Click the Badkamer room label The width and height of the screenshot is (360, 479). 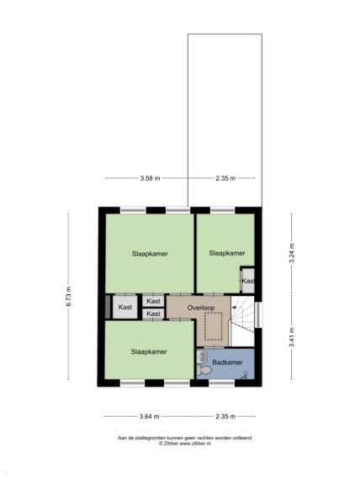tap(227, 362)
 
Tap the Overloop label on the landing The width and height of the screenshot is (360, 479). tap(201, 308)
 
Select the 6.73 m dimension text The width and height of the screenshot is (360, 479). tap(68, 297)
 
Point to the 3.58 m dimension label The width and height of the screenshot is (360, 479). tap(150, 178)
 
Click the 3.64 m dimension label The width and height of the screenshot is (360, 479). tap(149, 416)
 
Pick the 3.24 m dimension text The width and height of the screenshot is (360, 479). tap(292, 253)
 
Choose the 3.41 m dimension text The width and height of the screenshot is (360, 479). tap(292, 337)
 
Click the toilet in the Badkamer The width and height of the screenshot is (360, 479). tap(204, 371)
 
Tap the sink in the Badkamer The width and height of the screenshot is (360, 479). tap(202, 355)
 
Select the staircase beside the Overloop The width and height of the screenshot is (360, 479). tap(242, 321)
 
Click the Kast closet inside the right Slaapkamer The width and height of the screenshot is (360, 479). tap(248, 281)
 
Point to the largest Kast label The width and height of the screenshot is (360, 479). tap(124, 307)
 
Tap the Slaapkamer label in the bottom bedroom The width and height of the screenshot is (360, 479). tap(149, 351)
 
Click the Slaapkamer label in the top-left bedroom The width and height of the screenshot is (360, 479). tap(150, 254)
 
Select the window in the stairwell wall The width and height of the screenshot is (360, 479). tap(259, 314)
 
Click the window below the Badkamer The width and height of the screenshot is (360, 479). tap(221, 383)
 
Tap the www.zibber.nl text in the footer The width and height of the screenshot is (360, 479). tap(195, 444)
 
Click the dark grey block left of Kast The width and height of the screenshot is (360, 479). tap(108, 307)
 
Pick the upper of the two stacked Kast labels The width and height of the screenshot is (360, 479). tap(153, 301)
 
